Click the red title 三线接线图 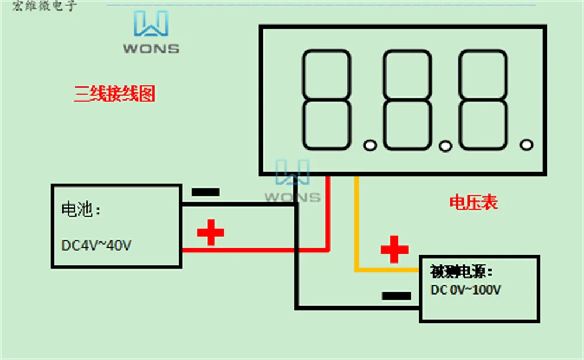(114, 94)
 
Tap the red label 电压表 (473, 203)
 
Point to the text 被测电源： (461, 272)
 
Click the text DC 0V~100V (466, 290)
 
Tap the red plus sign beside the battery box (210, 232)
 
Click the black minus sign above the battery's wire (206, 192)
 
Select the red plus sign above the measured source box (394, 250)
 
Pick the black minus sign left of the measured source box (397, 296)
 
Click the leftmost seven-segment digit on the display (326, 100)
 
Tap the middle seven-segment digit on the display (407, 100)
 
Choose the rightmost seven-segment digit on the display (482, 100)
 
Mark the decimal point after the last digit (526, 144)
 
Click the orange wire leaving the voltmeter (357, 234)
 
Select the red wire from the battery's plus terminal (257, 250)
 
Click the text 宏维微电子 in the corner (44, 6)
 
